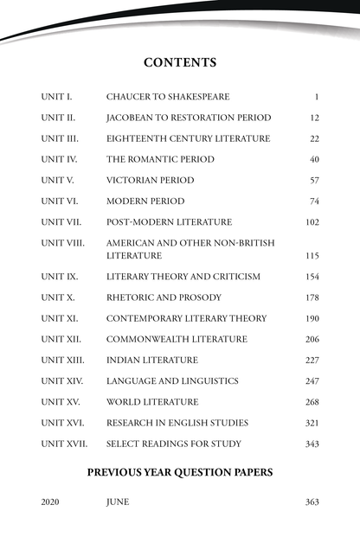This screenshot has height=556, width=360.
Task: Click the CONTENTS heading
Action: (x=180, y=62)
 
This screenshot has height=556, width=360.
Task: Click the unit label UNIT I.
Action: (x=56, y=97)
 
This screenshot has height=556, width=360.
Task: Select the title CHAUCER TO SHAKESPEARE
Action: (x=168, y=97)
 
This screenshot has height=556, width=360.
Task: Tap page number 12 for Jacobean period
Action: (x=314, y=118)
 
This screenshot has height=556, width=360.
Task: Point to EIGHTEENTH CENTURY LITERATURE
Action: (x=188, y=138)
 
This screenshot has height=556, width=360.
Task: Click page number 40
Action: (x=314, y=159)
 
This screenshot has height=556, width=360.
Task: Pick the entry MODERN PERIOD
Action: (x=145, y=201)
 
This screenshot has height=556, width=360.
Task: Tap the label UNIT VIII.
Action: (x=62, y=243)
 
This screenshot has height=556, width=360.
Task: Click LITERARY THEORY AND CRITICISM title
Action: (x=183, y=277)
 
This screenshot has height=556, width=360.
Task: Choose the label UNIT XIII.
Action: (x=62, y=360)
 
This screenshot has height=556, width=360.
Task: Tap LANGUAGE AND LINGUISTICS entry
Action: (x=172, y=380)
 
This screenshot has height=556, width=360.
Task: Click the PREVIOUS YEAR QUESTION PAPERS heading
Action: (x=180, y=472)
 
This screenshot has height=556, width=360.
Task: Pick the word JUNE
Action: (x=118, y=502)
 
